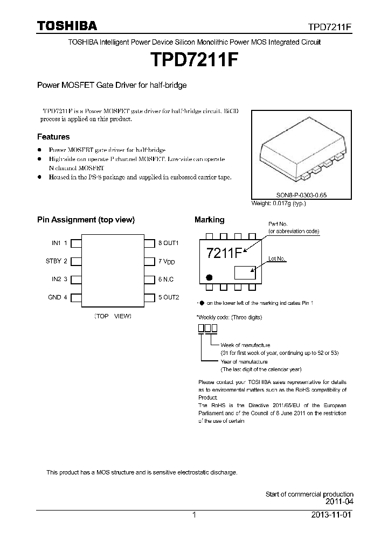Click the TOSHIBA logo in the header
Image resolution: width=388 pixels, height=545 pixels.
(x=67, y=26)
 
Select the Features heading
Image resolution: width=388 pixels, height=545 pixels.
(x=53, y=137)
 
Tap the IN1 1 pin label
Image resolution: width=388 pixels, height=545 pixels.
(x=59, y=243)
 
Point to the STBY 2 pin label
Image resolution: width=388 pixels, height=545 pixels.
(x=57, y=261)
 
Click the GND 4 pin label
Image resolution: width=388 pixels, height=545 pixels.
(x=58, y=297)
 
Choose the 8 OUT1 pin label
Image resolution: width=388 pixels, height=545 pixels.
(x=168, y=243)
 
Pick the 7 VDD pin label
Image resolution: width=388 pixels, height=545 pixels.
(x=167, y=262)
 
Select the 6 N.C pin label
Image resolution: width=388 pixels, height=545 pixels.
(x=166, y=280)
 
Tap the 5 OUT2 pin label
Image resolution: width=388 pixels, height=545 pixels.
(x=168, y=297)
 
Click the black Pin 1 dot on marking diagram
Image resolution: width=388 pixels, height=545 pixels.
(x=203, y=278)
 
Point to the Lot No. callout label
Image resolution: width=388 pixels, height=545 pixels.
(x=277, y=258)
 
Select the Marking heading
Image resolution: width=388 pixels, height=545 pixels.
(x=209, y=220)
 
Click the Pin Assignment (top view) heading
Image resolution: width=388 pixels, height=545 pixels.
(x=86, y=220)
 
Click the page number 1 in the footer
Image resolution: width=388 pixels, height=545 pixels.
(x=195, y=515)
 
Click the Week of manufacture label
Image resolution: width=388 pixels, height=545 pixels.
(x=245, y=345)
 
